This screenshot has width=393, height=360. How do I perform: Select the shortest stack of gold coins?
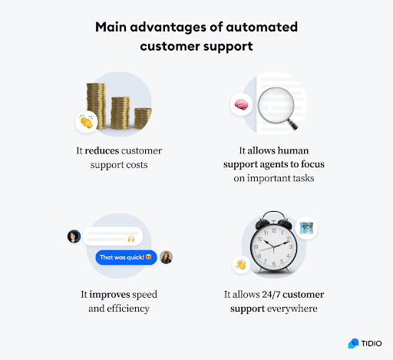(x=143, y=118)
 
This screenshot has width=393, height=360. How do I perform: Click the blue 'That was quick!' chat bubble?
(x=126, y=257)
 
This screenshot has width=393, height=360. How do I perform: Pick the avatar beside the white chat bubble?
(x=74, y=236)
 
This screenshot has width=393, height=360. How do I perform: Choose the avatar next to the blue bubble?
(x=167, y=257)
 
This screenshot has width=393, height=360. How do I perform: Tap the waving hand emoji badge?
(x=240, y=265)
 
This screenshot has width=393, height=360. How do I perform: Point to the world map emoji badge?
(x=307, y=228)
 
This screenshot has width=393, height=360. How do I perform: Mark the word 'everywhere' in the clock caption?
(x=296, y=309)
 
